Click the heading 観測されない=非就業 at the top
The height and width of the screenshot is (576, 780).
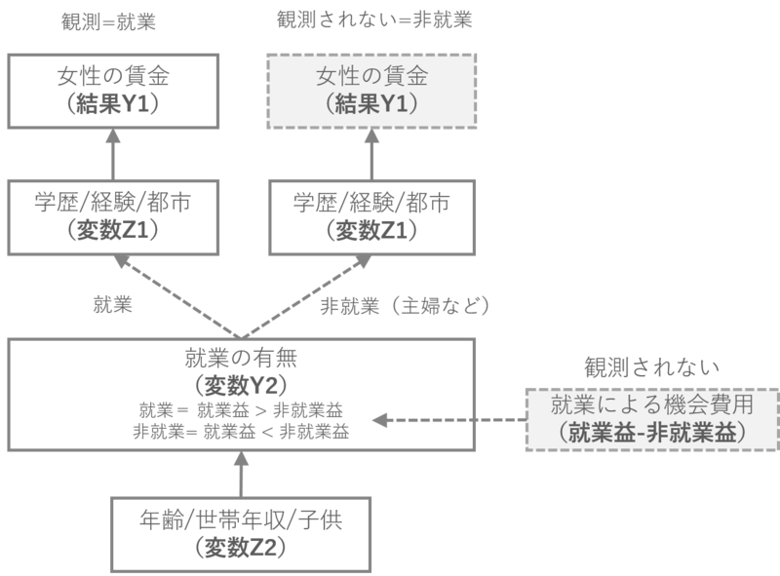pos(373,19)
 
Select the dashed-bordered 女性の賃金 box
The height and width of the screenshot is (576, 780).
pos(373,90)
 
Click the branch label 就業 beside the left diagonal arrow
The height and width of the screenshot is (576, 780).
pos(108,305)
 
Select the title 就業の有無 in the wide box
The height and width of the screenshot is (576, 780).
pos(240,358)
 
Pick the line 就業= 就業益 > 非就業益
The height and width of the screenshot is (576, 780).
pos(240,407)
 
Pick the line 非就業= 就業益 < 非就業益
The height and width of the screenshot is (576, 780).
pos(240,429)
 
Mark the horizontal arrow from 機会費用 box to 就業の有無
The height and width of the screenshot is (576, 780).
pos(448,420)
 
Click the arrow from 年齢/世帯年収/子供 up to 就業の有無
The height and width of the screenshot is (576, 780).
pos(240,478)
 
